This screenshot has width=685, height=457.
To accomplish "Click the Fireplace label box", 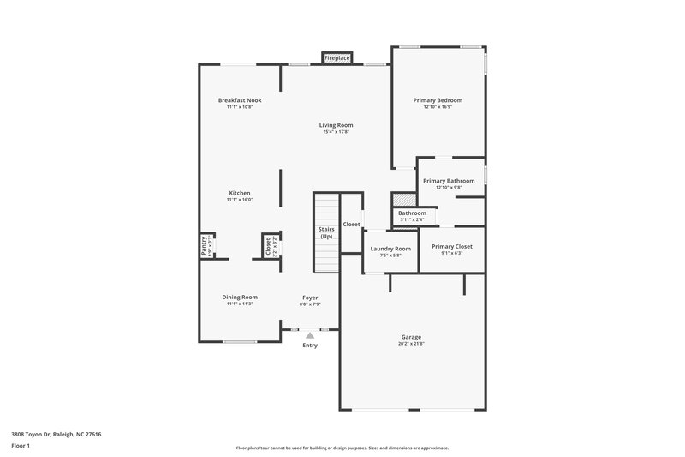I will point(337,57).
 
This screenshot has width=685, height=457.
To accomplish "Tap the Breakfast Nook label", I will point(240,100).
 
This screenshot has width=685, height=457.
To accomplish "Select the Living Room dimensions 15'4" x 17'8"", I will point(337,132).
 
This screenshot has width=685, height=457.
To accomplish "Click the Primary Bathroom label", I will point(449,181).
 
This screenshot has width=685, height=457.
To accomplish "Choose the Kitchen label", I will point(240,193).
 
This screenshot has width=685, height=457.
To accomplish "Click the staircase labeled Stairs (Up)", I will point(326,233).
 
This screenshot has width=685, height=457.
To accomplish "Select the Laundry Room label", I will point(390,249).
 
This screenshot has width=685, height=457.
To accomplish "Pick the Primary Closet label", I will point(451,246).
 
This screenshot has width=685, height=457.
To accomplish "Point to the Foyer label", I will point(310,297).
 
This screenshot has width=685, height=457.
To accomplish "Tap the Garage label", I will point(411,337).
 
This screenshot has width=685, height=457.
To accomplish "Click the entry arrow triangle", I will point(310,336).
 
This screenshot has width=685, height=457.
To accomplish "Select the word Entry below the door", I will point(310,346).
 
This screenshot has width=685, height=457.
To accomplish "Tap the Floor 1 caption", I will point(21,447).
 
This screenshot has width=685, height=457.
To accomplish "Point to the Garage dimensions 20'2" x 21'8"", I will point(411,344).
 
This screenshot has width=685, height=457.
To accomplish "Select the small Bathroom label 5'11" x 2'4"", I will point(412,219).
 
